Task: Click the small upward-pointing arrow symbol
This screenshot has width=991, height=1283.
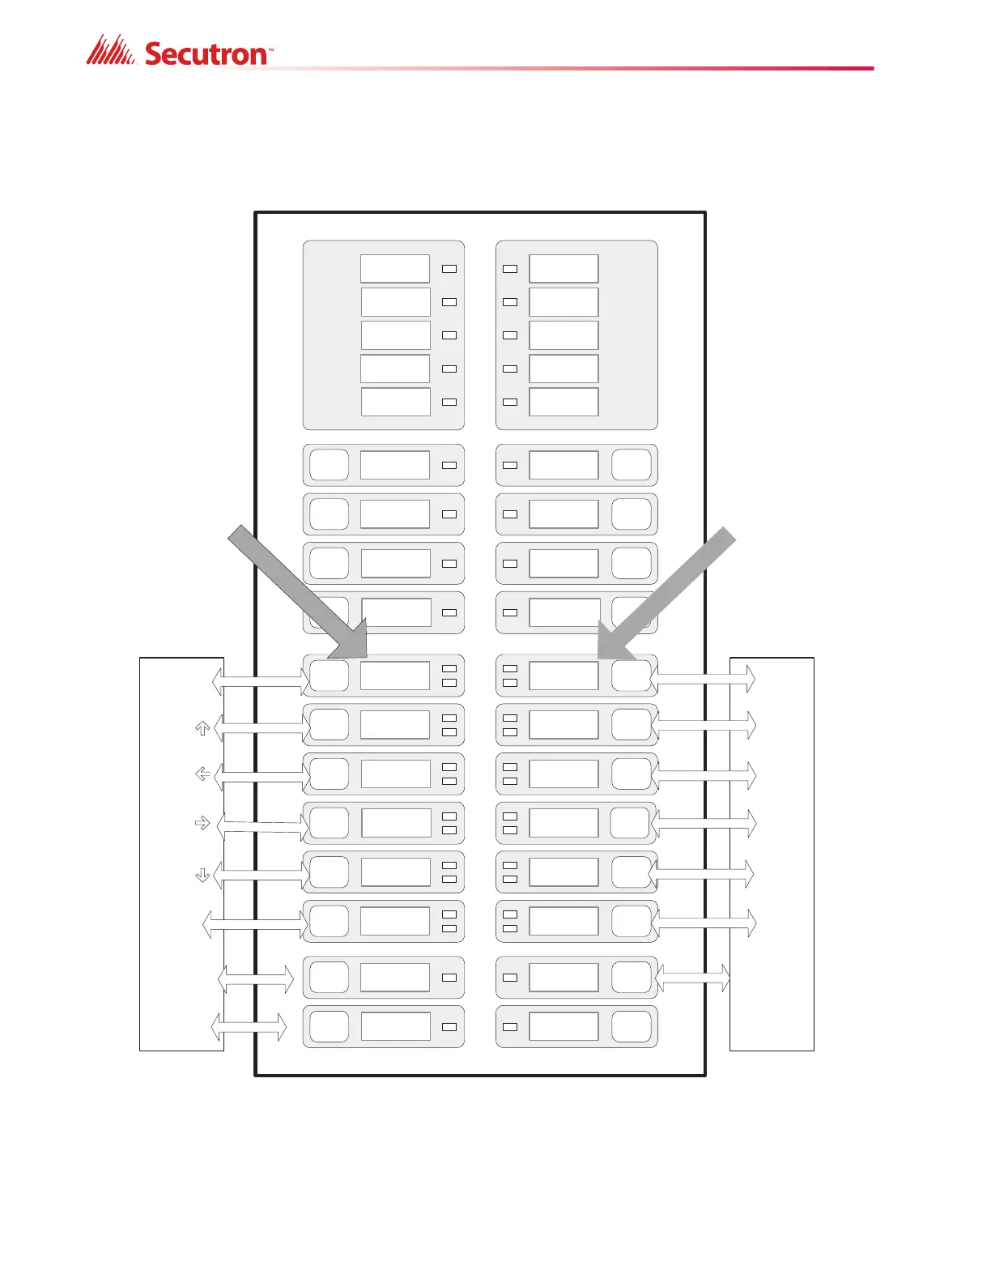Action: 203,728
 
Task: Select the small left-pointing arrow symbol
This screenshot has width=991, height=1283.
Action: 203,774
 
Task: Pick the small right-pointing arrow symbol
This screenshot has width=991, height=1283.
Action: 202,823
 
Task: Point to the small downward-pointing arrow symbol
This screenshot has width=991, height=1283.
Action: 203,874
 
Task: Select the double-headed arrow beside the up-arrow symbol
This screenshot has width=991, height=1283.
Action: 261,728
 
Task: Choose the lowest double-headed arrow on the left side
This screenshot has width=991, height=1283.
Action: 249,1027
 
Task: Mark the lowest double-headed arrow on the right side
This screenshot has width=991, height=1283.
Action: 692,978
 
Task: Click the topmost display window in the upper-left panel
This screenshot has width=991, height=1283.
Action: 395,269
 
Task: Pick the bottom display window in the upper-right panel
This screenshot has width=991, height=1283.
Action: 564,402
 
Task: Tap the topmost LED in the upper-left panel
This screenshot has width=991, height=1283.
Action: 449,269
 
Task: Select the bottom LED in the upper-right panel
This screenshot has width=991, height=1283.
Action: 510,402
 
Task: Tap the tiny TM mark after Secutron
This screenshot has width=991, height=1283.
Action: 270,49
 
